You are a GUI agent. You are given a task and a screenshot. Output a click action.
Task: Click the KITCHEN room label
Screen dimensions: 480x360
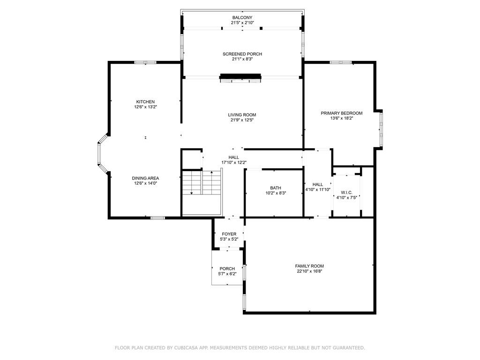(145, 102)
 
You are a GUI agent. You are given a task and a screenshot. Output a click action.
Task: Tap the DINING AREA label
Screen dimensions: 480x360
(145, 178)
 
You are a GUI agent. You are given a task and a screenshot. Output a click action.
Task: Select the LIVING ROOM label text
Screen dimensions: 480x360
(242, 115)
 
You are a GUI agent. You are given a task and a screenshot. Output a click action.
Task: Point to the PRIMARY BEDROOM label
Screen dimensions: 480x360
(341, 113)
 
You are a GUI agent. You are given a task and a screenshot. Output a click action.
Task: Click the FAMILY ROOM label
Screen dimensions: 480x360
(309, 266)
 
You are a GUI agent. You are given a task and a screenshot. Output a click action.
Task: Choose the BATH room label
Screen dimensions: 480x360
(276, 188)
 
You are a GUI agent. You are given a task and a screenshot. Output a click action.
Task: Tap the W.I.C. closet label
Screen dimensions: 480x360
(346, 193)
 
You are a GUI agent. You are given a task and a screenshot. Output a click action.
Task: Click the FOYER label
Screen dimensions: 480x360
(229, 234)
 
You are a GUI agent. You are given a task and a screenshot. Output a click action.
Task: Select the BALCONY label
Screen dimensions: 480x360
(242, 17)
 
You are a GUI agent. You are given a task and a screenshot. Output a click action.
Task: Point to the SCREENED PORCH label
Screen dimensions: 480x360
(242, 54)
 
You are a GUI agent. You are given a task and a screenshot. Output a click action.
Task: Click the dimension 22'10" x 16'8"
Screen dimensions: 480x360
(309, 271)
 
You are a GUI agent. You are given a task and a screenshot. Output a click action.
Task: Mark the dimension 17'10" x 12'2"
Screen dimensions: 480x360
(234, 163)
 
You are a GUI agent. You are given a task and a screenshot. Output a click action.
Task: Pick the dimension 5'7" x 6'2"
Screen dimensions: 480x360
(227, 274)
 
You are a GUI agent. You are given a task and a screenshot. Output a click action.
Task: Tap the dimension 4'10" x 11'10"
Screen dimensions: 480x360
(318, 189)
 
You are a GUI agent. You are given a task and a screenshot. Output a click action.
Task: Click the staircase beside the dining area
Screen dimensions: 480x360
(202, 192)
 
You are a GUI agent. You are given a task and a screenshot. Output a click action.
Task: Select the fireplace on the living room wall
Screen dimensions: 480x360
(240, 78)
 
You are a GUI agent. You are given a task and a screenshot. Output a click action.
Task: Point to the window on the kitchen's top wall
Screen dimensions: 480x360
(145, 62)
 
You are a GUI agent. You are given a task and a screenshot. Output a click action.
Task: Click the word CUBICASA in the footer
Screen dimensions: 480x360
(186, 348)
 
